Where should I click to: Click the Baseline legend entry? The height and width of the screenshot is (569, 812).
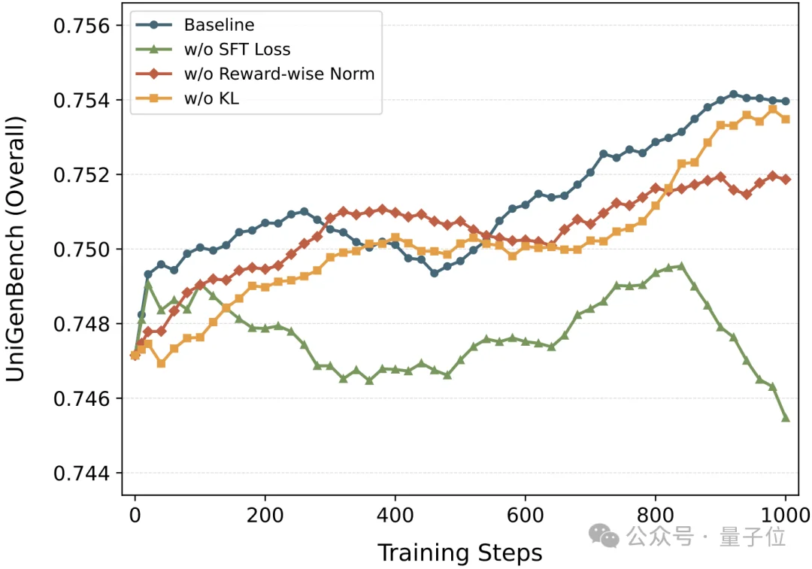pos(219,25)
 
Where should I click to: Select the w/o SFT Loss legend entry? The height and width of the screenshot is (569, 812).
pos(237,50)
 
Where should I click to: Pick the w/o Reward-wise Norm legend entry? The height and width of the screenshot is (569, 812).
pos(278,74)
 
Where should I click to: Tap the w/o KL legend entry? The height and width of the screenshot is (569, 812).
pos(211,98)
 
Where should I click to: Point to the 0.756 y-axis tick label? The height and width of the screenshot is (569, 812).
pos(80,26)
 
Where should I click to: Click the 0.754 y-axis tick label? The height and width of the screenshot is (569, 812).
pos(80,101)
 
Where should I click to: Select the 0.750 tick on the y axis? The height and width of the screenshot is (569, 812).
pos(80,250)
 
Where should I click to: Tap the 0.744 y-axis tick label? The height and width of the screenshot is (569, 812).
pos(80,474)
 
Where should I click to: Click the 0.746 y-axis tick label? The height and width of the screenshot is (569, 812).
pos(80,398)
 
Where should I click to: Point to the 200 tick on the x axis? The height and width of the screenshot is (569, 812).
pos(265,516)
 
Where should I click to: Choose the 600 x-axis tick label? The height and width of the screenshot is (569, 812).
pos(526,516)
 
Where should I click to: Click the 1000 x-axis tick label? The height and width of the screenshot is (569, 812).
pos(786,516)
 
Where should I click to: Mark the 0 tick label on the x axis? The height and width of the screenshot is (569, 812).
pos(135,516)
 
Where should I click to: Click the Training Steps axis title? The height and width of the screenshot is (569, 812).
pos(459,553)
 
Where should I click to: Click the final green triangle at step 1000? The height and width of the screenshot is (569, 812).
pos(786,418)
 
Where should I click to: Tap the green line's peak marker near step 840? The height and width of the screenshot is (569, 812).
pos(681,265)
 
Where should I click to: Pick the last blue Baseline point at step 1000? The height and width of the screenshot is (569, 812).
pos(786,101)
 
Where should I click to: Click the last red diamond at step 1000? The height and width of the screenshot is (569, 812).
pos(786,179)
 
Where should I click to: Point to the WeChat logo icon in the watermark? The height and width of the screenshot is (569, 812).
pos(604,536)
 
